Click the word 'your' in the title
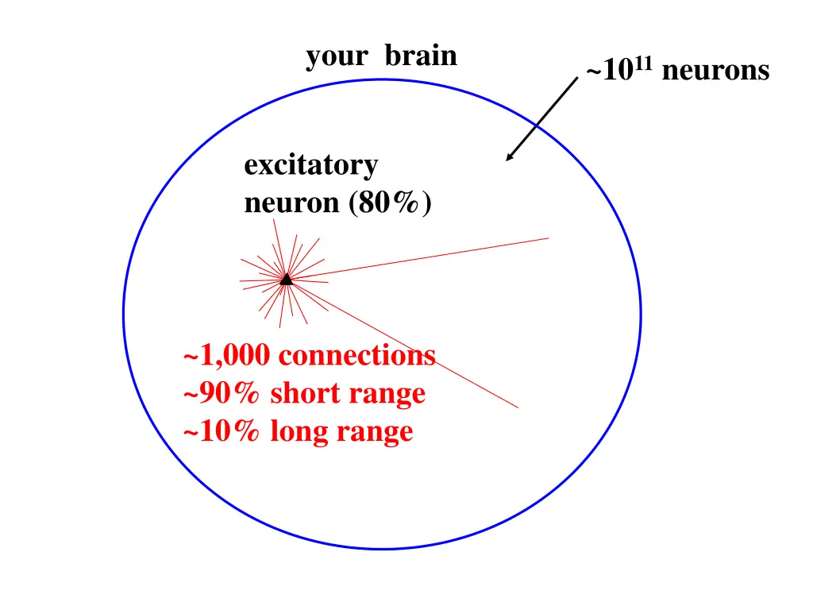tap(337, 57)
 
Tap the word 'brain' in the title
tap(421, 55)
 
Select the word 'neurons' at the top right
tap(715, 71)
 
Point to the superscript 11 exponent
tap(643, 64)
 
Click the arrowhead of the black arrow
tap(510, 156)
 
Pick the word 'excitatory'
tap(311, 166)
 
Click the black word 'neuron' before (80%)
tap(291, 203)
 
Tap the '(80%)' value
tap(390, 203)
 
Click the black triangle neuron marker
tap(286, 280)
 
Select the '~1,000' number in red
tap(226, 356)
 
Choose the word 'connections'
tap(357, 355)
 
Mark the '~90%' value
tap(222, 392)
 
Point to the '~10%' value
tap(222, 430)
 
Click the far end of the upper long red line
tap(549, 238)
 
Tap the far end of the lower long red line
tap(518, 407)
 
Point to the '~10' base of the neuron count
tap(610, 71)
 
